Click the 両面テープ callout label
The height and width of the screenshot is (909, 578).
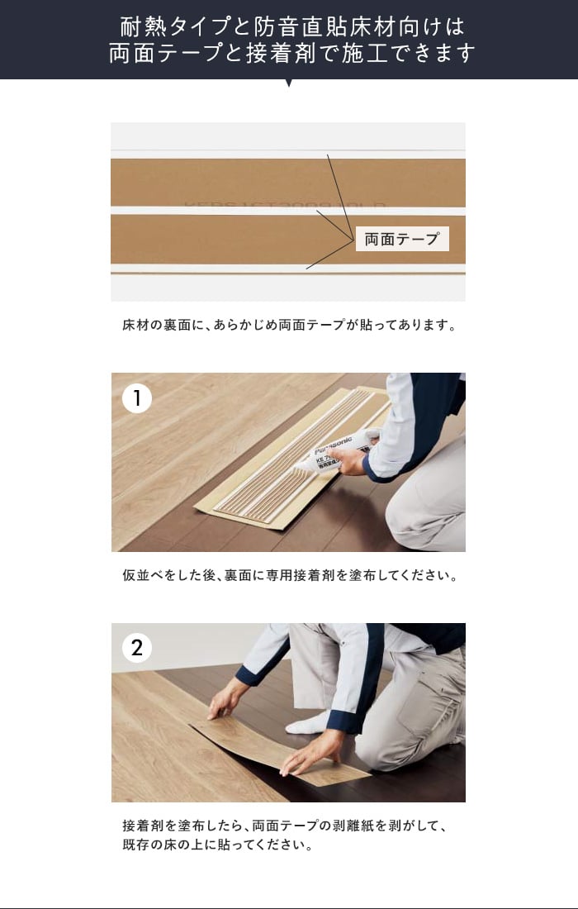402,239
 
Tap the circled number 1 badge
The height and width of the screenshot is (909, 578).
137,398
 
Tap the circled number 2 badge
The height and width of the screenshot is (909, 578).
137,648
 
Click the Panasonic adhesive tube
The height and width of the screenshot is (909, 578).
337,450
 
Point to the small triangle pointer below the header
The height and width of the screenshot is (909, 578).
288,83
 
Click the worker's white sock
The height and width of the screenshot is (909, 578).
308,723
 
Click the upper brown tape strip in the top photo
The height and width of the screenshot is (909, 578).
288,183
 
